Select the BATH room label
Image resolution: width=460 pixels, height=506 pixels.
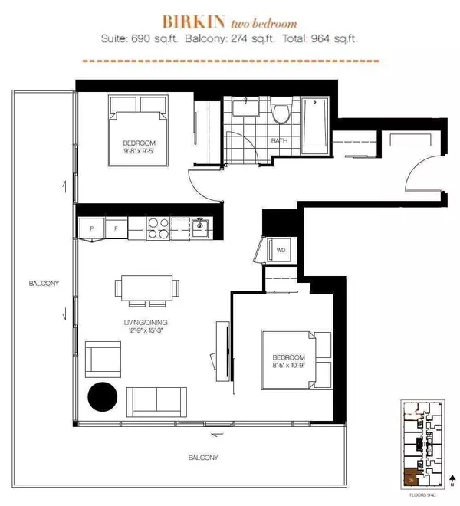point(281,140)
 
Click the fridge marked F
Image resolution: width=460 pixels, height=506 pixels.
point(115,228)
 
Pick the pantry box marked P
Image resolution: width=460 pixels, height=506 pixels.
point(92,228)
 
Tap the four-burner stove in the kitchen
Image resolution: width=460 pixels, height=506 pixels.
point(158,228)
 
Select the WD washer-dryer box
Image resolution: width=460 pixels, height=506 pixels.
point(280,249)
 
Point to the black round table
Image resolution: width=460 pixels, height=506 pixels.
point(102,397)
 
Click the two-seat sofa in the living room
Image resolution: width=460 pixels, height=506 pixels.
point(156,400)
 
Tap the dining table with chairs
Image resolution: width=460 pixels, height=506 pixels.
point(146,287)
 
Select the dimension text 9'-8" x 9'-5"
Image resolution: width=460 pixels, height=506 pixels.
point(140,152)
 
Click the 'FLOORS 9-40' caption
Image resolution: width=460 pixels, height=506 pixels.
point(422,495)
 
